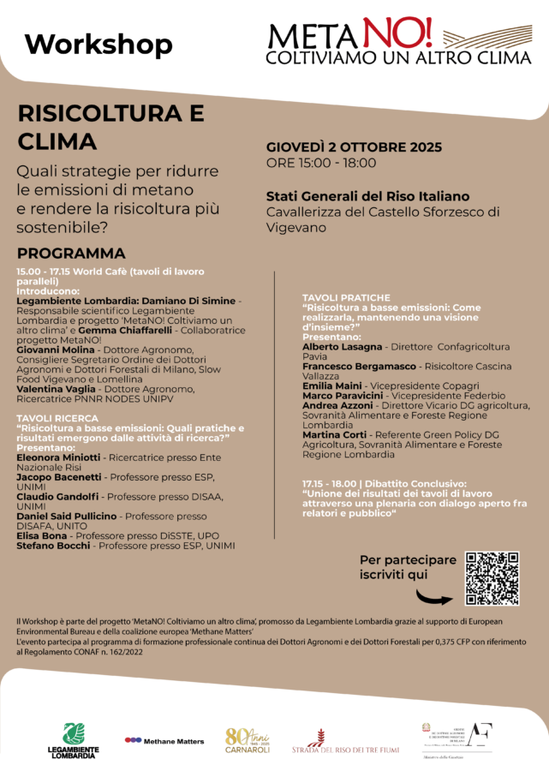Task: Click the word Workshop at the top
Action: [98, 44]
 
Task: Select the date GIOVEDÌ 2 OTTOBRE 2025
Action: [354, 147]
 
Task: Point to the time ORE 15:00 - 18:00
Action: [321, 163]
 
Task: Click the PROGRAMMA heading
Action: [71, 254]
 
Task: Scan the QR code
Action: [492, 578]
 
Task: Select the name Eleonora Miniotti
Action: [59, 458]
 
